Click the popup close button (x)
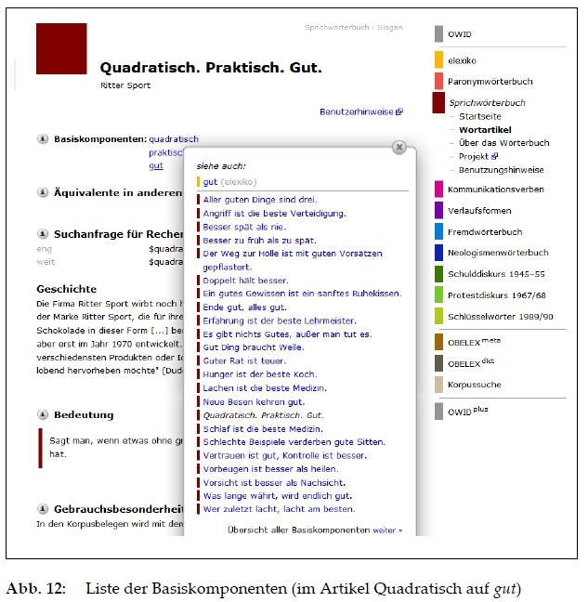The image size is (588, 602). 399,147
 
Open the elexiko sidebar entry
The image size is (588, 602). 462,59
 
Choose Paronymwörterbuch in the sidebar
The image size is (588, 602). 490,82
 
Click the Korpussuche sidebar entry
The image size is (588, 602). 474,383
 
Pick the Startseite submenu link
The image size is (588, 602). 479,117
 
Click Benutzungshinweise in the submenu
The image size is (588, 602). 502,170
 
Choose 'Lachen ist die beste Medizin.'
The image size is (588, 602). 250,387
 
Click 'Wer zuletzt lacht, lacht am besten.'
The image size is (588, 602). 278,509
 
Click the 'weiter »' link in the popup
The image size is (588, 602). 387,530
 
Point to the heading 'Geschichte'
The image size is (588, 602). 66,289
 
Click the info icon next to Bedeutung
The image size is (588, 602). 43,414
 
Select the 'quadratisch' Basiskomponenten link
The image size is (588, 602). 174,139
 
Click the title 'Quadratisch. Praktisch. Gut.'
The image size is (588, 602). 211,68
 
